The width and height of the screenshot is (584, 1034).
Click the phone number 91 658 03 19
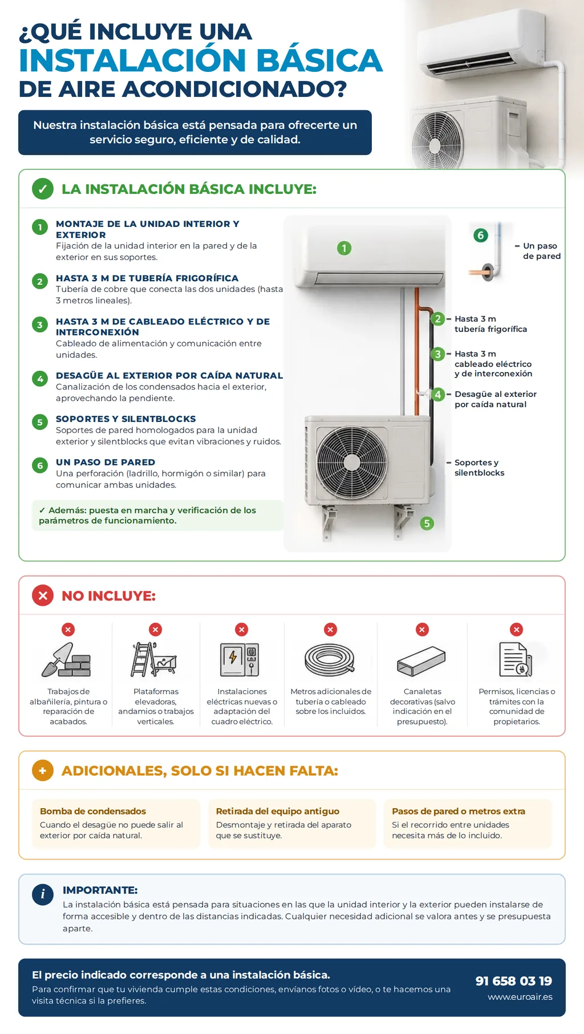[x=514, y=981]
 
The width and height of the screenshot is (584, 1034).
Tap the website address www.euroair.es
[x=520, y=997]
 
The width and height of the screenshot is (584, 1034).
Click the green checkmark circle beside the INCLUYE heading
[x=43, y=189]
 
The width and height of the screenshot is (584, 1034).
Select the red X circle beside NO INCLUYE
[x=43, y=595]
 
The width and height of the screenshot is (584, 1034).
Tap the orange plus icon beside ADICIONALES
[x=43, y=771]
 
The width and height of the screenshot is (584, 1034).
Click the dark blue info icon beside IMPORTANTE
[x=43, y=894]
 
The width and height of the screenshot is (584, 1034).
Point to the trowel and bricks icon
[x=67, y=660]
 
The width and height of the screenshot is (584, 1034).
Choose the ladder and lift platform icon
[x=154, y=659]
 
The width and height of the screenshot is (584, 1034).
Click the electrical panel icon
[x=240, y=660]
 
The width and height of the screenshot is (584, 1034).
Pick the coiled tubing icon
[x=330, y=660]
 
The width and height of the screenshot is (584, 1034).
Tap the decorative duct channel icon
[x=421, y=662]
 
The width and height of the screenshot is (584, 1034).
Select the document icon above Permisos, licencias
[x=516, y=659]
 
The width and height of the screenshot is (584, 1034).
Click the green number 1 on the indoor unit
[x=344, y=248]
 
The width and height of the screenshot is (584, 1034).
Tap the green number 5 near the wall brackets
[x=427, y=524]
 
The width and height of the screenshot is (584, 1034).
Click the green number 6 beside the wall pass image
[x=481, y=235]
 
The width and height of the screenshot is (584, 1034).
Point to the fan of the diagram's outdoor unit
[x=351, y=461]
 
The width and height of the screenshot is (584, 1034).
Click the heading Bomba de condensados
[x=93, y=811]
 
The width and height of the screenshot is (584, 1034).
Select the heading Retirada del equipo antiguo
[x=278, y=811]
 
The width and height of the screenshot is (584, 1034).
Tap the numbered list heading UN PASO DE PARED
[x=106, y=462]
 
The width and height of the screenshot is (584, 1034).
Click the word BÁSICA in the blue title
[x=319, y=60]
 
